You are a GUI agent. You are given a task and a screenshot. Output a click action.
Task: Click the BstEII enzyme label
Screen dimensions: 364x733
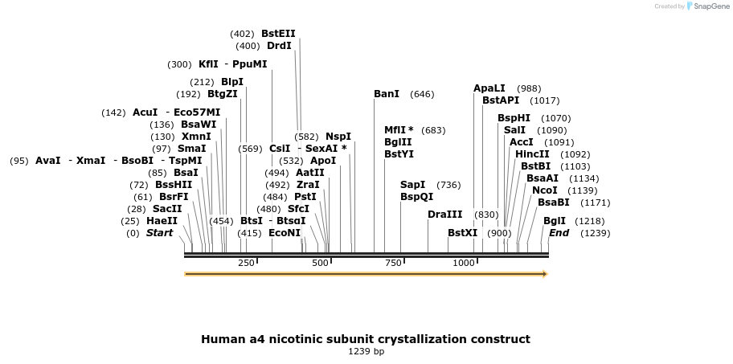tap(278, 34)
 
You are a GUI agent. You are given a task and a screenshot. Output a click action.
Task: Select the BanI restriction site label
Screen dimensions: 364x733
tap(387, 94)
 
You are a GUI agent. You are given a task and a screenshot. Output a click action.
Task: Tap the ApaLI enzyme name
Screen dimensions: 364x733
tap(489, 88)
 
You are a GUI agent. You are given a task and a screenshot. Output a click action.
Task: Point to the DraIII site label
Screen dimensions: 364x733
tap(445, 215)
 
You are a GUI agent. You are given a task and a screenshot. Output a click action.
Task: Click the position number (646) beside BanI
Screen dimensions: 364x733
tap(422, 94)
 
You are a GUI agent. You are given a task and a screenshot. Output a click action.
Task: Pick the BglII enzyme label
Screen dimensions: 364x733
tap(399, 142)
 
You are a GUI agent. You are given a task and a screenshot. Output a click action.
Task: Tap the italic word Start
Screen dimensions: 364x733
tap(159, 233)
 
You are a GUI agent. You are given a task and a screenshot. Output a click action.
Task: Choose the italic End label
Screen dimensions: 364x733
tap(559, 233)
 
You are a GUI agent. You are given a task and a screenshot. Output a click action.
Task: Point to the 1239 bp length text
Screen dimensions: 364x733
tap(366, 351)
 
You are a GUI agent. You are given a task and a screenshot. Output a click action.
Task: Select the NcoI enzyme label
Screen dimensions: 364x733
tap(545, 190)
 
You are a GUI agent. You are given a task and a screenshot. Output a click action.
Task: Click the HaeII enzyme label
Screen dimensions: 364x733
tap(162, 221)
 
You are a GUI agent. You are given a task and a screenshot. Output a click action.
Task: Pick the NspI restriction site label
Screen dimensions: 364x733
tap(338, 137)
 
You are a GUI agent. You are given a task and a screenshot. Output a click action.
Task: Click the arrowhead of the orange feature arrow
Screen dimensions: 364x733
tap(546, 274)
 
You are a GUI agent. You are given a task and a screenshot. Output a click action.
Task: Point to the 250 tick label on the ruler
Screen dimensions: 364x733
tap(246, 263)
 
